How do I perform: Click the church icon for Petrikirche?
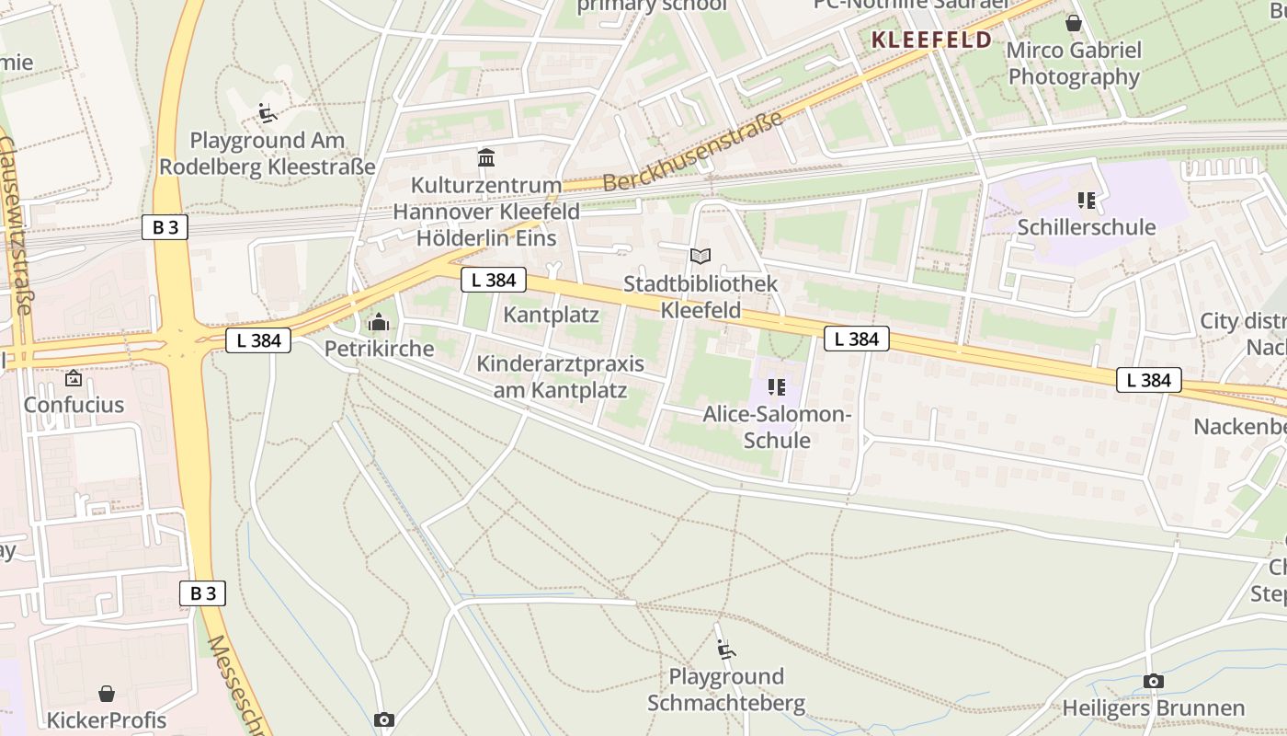tap(378, 322)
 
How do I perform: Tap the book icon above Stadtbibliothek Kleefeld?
tap(700, 256)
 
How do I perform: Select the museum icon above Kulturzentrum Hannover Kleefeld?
tap(486, 158)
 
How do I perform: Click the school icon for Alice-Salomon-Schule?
tap(777, 387)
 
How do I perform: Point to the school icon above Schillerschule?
tap(1087, 200)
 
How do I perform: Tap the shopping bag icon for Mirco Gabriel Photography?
tap(1073, 23)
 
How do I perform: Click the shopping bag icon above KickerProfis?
tap(107, 693)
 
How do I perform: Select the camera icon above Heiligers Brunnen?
tap(1153, 681)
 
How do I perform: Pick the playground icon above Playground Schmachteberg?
tap(725, 650)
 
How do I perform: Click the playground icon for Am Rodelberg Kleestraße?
tap(268, 113)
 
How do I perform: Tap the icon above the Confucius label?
tap(74, 378)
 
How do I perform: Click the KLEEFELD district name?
tap(931, 40)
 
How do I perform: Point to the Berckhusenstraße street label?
tap(693, 152)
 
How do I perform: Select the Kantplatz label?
tap(551, 315)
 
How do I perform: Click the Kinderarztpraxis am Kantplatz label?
tap(561, 377)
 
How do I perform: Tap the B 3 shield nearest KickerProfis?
tap(202, 593)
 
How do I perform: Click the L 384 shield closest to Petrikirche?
tap(258, 340)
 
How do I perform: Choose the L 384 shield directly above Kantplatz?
tap(494, 280)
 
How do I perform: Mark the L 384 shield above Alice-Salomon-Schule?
tap(857, 339)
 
